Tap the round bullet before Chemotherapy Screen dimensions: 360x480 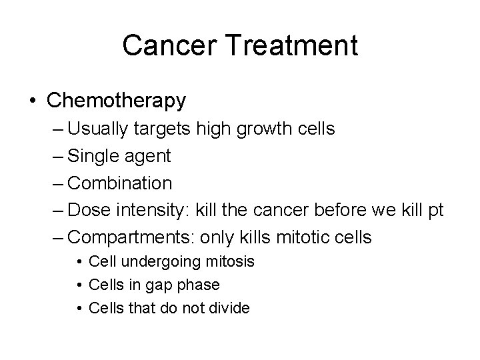33,101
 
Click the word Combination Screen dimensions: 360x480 121,183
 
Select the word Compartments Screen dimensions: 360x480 133,237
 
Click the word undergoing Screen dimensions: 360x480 151,262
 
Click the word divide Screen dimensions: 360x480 227,308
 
